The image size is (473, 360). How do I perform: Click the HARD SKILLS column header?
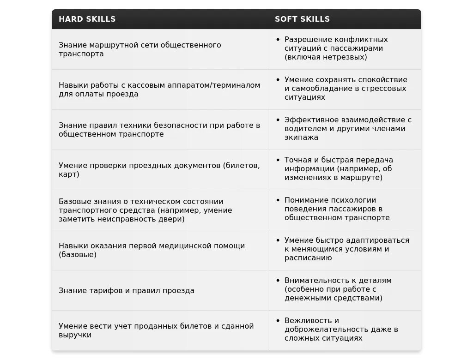point(87,19)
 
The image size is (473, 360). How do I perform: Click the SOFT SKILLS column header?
point(302,19)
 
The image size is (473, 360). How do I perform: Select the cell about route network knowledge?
point(139,49)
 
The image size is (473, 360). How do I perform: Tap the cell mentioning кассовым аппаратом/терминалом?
point(159,90)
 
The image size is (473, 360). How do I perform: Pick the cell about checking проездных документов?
point(159,170)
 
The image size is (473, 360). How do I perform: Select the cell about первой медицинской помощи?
point(152,250)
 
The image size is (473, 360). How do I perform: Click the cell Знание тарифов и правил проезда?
point(127,291)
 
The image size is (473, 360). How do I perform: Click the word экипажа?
point(301,138)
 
